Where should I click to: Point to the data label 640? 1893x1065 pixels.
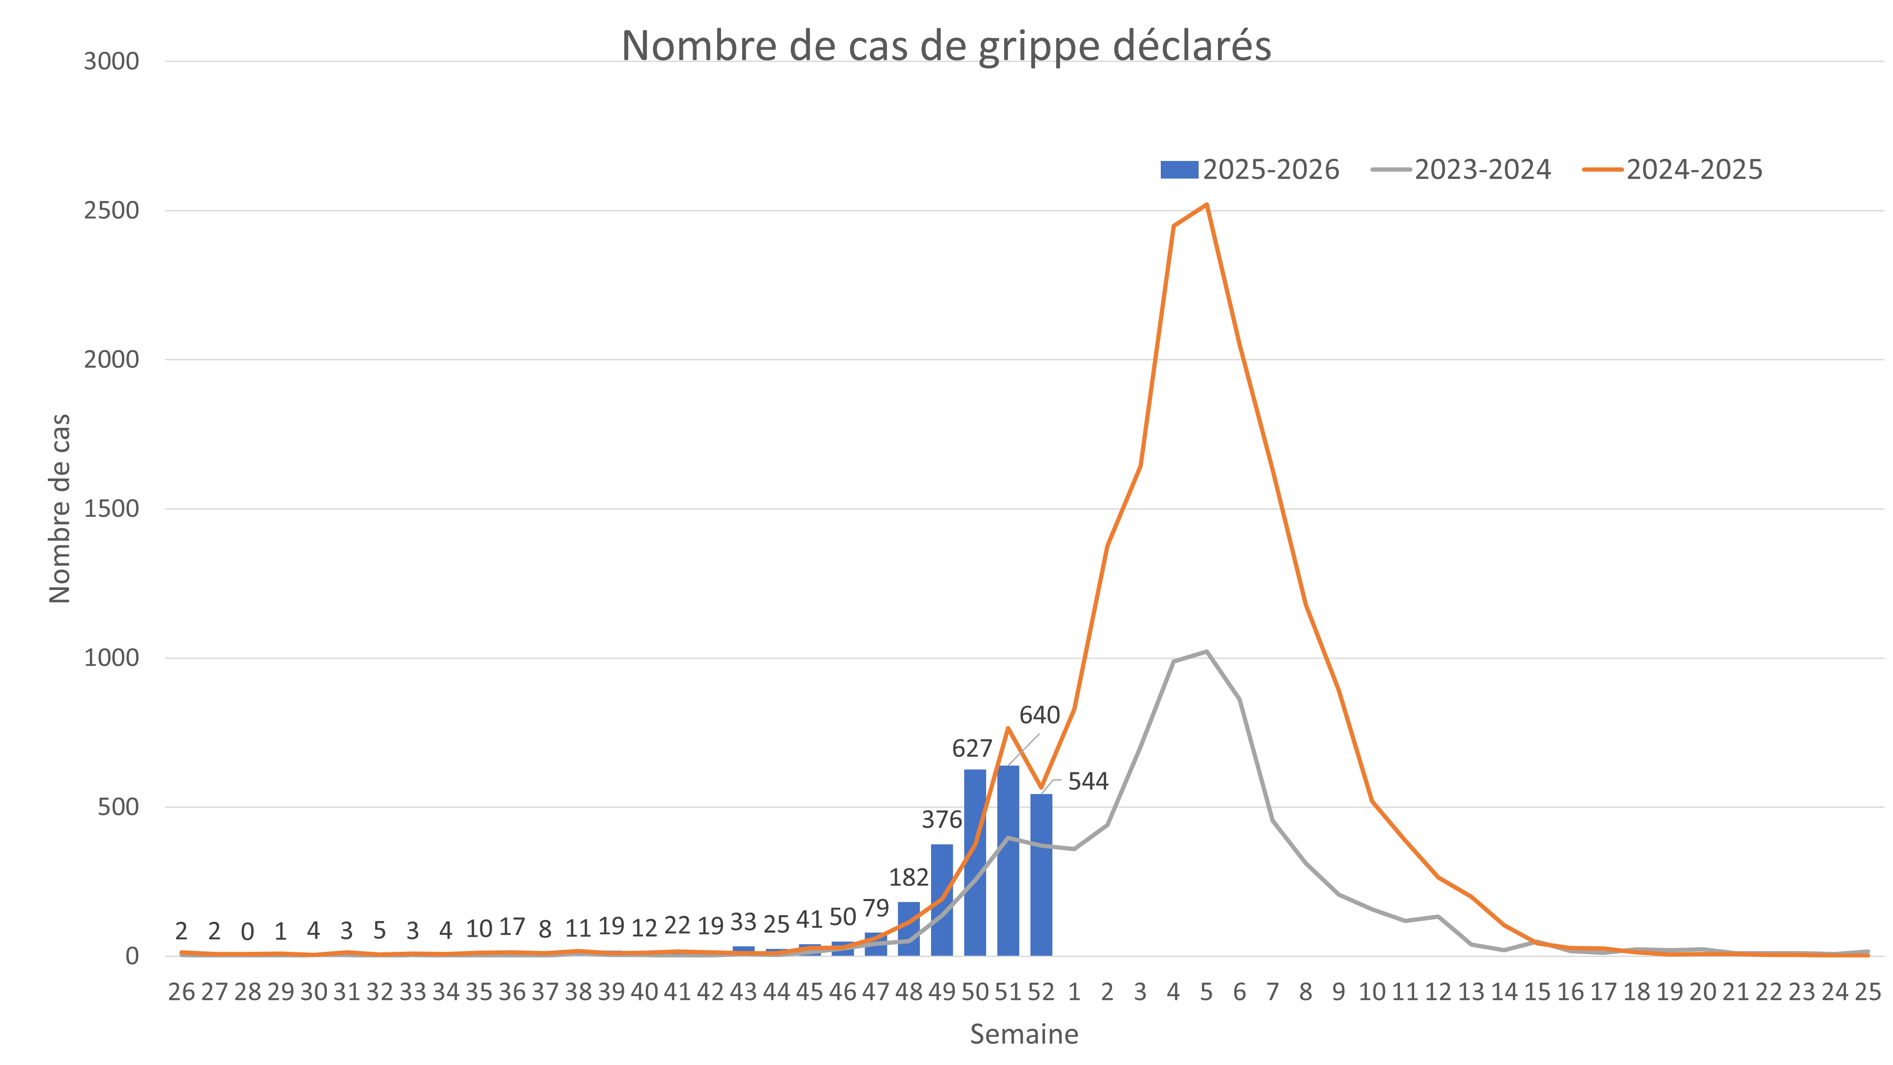[1039, 715]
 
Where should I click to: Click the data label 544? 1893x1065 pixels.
[1088, 781]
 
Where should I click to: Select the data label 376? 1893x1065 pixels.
[941, 819]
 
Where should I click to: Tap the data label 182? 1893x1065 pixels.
[909, 877]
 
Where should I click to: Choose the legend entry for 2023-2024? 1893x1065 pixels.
[1462, 170]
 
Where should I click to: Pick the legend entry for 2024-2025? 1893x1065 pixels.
[1674, 170]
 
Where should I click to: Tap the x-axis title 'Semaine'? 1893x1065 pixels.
[1024, 1034]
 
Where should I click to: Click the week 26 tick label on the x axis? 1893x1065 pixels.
[182, 992]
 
